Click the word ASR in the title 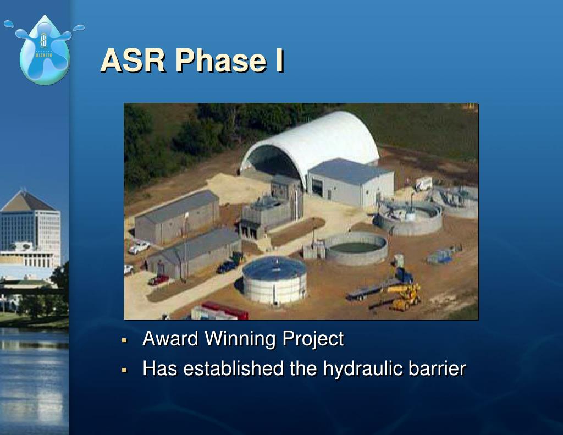(133, 60)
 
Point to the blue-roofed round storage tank (274, 279)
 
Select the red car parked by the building (158, 279)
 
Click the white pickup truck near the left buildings (139, 247)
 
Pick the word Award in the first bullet (170, 339)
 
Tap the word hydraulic (361, 368)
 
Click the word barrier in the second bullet (437, 368)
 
